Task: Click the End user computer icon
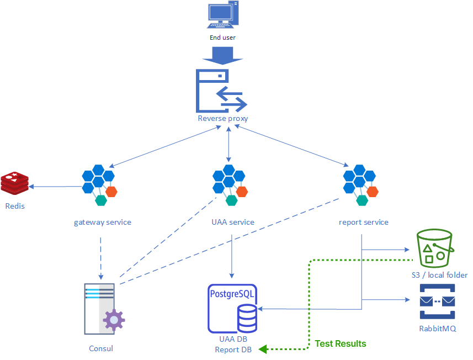click(223, 15)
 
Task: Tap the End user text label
click(223, 38)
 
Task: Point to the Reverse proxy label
click(223, 118)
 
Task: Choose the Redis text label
click(15, 206)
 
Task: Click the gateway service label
click(103, 223)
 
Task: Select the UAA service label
click(233, 223)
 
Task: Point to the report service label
click(364, 223)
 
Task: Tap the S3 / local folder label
click(439, 275)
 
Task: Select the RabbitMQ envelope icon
click(437, 301)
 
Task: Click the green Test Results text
click(341, 343)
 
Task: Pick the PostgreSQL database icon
click(232, 308)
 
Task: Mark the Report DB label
click(233, 350)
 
